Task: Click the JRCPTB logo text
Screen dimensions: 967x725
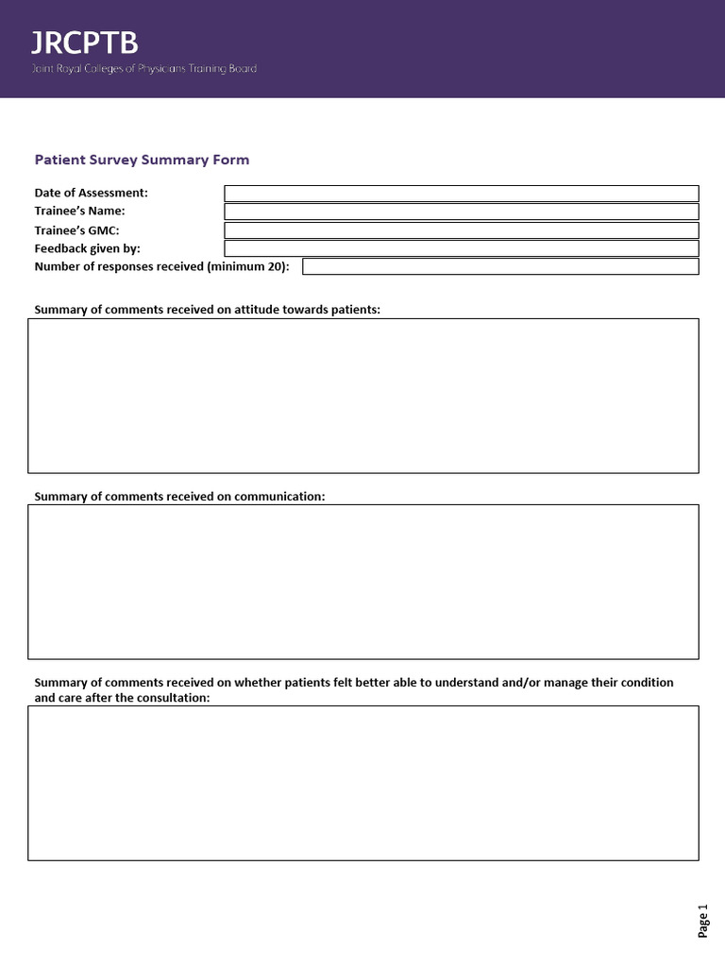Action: [85, 43]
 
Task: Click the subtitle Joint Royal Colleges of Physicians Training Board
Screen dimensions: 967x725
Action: [144, 69]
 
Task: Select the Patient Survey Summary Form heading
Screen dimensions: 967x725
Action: [142, 160]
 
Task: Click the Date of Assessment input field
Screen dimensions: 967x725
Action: [461, 194]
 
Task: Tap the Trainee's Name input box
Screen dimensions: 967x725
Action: [461, 212]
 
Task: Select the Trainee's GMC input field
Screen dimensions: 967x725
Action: [461, 230]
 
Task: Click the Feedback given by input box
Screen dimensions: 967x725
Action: [461, 248]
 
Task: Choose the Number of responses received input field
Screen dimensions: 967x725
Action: [500, 266]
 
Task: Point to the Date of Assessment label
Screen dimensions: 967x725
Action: [91, 193]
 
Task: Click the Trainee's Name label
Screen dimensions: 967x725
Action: [79, 211]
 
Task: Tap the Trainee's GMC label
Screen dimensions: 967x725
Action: [76, 229]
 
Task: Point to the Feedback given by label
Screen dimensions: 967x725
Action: [87, 248]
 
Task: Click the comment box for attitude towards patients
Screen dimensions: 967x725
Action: [363, 396]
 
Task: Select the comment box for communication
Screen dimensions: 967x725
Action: [363, 582]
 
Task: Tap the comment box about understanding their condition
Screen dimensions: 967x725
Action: [363, 783]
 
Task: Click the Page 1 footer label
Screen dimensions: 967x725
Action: [702, 921]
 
